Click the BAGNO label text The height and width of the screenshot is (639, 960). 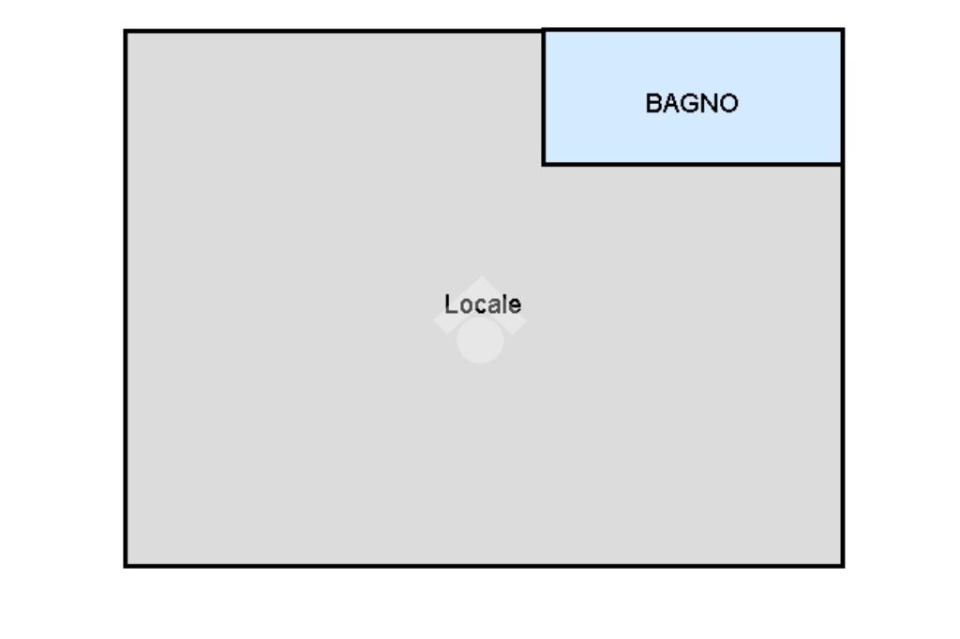692,103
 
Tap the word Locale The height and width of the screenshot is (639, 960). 483,305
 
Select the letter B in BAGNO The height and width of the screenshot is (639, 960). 653,103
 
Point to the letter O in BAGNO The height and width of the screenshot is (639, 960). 728,103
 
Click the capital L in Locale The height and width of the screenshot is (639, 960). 451,305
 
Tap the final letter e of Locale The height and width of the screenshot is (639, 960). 515,306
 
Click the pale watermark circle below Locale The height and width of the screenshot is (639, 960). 480,340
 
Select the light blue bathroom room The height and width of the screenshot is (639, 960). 693,97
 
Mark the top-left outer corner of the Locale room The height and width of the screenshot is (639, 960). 126,31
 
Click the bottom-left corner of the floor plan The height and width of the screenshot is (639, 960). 126,566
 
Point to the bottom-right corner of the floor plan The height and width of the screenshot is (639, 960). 843,566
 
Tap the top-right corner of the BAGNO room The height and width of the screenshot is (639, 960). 843,29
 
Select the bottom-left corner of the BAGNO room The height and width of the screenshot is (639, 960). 544,164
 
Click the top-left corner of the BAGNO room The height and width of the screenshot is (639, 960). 544,29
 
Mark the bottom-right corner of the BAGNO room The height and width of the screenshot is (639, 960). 843,164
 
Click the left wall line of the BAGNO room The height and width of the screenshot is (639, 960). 544,97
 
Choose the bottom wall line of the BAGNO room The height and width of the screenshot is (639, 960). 693,164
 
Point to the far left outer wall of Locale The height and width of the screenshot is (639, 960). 126,298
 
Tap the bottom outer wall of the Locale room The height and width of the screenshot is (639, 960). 485,566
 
